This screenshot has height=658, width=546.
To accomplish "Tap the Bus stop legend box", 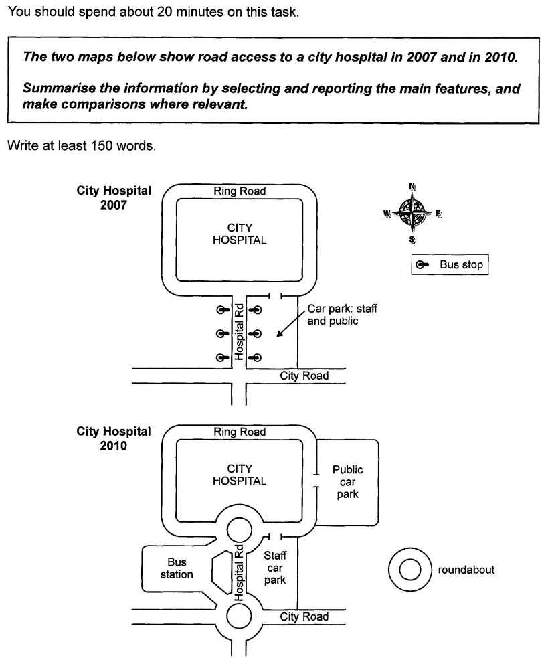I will click(x=450, y=264).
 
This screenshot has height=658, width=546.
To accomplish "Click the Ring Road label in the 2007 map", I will click(x=240, y=191).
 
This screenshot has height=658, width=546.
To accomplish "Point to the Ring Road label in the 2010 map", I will click(x=240, y=432).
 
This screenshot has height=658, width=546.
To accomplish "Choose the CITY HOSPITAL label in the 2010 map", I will click(x=240, y=475).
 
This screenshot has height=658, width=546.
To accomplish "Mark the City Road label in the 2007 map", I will click(x=304, y=376).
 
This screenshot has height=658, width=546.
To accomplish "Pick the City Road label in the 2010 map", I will click(x=304, y=616).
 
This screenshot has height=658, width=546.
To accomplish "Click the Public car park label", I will click(x=347, y=482).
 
